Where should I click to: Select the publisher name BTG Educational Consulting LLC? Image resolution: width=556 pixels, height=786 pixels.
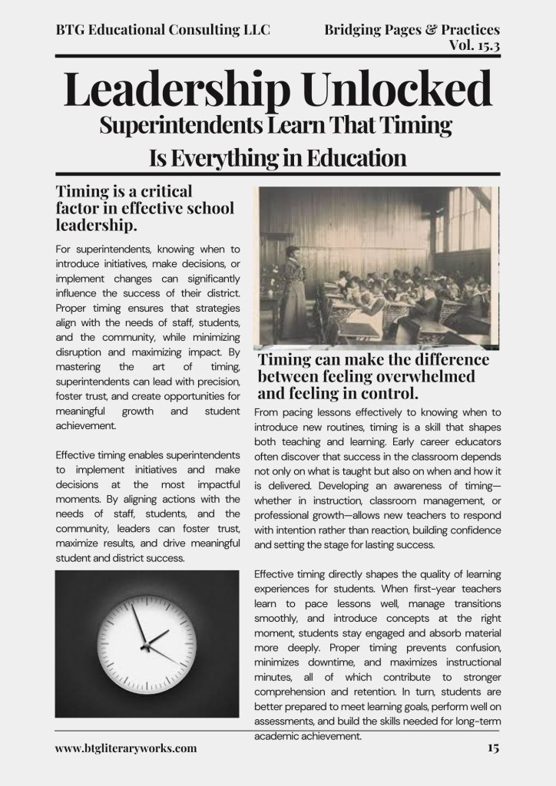163,30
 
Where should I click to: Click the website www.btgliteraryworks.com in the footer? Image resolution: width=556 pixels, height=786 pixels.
126,748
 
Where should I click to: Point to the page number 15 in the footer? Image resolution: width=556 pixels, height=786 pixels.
492,748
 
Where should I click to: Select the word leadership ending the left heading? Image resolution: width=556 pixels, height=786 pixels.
97,226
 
